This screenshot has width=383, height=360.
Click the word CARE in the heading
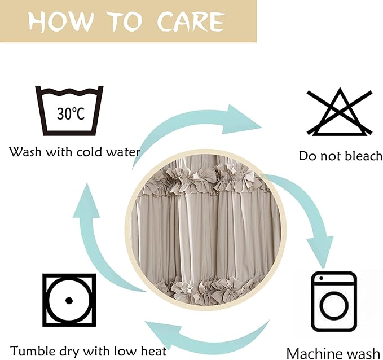tap(191, 21)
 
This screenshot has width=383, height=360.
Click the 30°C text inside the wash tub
tap(71, 113)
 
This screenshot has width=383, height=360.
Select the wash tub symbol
tap(69, 111)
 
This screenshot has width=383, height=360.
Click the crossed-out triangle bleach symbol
tap(340, 112)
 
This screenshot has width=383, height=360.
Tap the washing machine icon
tap(334, 301)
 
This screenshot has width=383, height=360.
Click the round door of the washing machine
tap(334, 305)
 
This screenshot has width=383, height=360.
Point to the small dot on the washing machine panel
tap(321, 278)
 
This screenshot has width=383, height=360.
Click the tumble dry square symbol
tap(69, 300)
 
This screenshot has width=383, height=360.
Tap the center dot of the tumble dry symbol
tap(69, 300)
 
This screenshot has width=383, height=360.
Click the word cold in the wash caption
tap(87, 152)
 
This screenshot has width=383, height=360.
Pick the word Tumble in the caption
tap(32, 351)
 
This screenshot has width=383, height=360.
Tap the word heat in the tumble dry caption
tap(153, 351)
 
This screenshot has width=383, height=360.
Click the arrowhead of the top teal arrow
tap(241, 119)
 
